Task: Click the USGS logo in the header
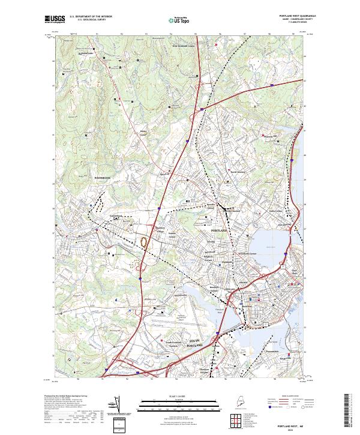click(54, 19)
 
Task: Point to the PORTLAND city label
click(220, 230)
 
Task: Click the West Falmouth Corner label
click(184, 46)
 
